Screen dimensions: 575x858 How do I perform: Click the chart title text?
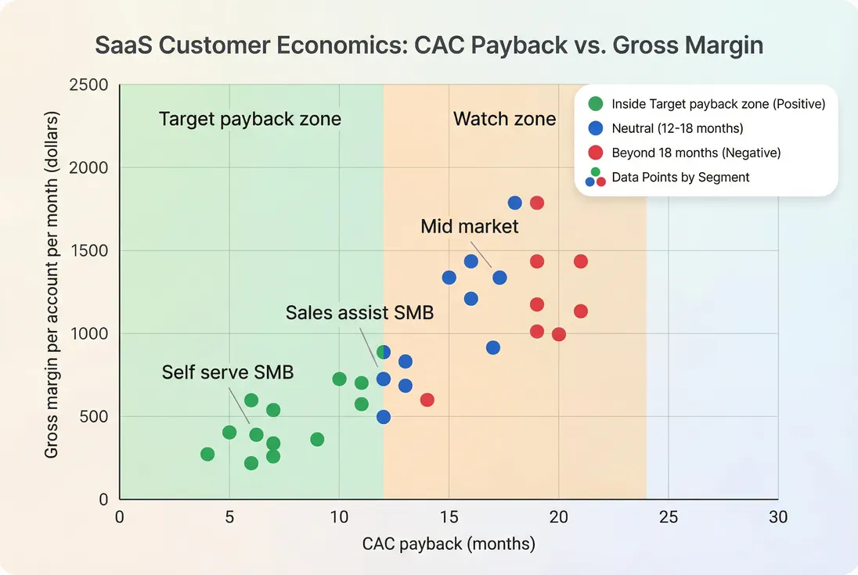429,45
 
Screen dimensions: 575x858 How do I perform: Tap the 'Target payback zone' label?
250,119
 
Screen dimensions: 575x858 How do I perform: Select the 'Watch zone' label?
504,119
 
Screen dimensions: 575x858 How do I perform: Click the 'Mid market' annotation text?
469,226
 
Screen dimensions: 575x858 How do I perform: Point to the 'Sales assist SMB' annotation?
359,313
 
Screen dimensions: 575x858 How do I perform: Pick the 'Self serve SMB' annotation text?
227,372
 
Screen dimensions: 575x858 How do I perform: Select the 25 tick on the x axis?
668,516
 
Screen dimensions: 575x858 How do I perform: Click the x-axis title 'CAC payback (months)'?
449,544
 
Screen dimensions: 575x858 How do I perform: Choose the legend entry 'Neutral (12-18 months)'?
677,128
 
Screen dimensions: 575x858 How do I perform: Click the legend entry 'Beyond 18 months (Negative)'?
696,153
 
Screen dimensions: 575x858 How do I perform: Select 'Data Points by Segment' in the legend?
680,178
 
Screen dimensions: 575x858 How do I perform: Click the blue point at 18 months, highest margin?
514,203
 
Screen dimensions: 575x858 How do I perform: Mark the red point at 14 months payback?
427,400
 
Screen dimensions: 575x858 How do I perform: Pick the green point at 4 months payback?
207,454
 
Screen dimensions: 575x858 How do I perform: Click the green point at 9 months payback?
317,439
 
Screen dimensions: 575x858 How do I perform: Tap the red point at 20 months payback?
559,334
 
